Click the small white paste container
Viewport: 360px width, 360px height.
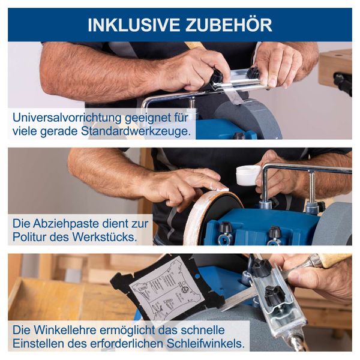tap(248, 175)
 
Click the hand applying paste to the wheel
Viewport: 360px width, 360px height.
tap(180, 186)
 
